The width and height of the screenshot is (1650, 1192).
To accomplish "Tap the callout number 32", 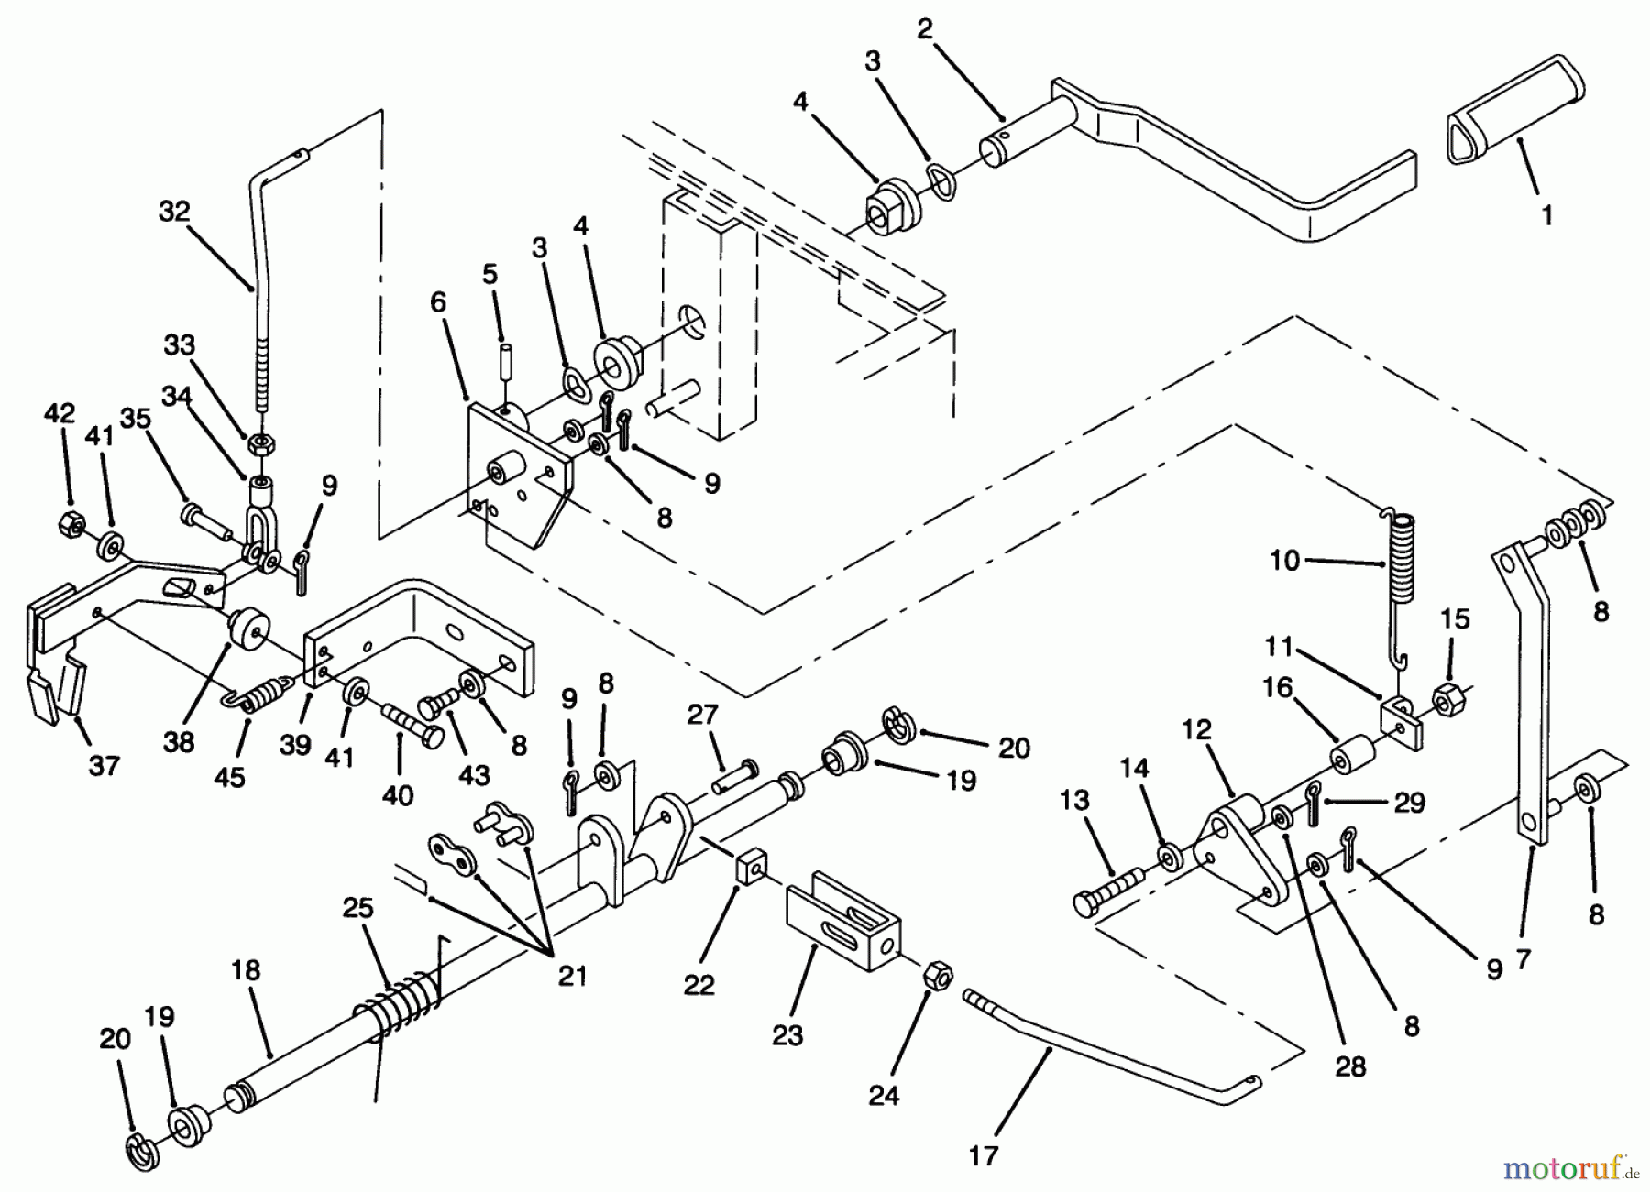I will (174, 212).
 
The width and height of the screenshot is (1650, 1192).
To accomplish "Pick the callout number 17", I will (983, 1156).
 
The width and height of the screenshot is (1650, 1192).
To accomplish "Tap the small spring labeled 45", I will (262, 692).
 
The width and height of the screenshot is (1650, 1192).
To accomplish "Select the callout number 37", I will (104, 764).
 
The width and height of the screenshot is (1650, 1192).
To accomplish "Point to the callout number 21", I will (572, 977).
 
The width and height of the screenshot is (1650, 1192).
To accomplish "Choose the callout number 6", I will (438, 302).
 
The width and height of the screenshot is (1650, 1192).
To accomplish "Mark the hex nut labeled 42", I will (70, 524).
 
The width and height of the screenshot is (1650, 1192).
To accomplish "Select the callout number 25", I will (358, 908).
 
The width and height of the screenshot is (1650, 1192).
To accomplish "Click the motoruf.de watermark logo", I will (1571, 1168).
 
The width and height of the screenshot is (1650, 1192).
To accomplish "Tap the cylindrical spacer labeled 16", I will (1352, 756).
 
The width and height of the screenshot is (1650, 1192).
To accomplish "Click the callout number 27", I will (702, 715).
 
